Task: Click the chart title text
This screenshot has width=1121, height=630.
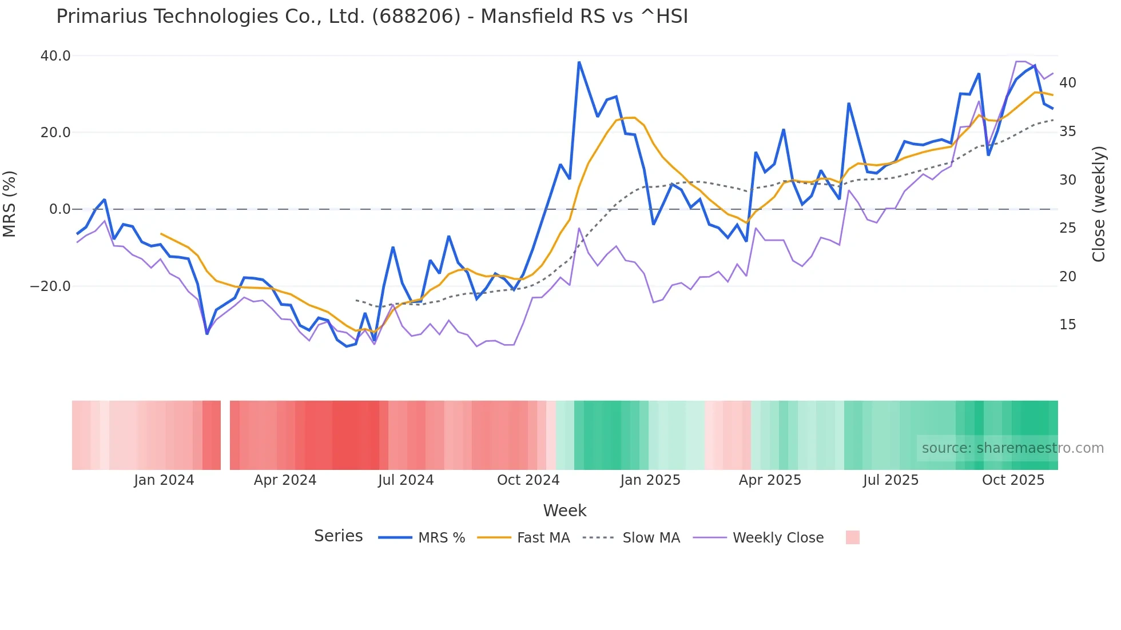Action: [372, 16]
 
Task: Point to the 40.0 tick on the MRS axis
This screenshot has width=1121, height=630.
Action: [55, 56]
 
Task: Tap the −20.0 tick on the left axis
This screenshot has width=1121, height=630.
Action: [50, 286]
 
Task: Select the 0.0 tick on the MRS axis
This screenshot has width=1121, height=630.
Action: [59, 209]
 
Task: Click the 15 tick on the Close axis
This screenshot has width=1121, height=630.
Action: [1067, 325]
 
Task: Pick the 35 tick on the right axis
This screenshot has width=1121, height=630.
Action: [1067, 131]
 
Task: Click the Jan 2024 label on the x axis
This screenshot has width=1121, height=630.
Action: [164, 480]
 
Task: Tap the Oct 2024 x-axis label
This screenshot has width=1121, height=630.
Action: [528, 480]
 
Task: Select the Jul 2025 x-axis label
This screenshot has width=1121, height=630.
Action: [891, 480]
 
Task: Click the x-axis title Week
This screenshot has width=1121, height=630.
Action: [565, 511]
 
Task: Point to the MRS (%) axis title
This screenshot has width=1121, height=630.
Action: [10, 204]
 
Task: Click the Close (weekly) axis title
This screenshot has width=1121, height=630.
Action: [1099, 204]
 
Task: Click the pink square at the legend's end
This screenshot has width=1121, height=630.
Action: [852, 537]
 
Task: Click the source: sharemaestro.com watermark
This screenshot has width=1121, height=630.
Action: [1012, 448]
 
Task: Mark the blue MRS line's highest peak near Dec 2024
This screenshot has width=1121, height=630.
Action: [579, 62]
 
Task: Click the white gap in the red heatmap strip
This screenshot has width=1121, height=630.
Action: [225, 435]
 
